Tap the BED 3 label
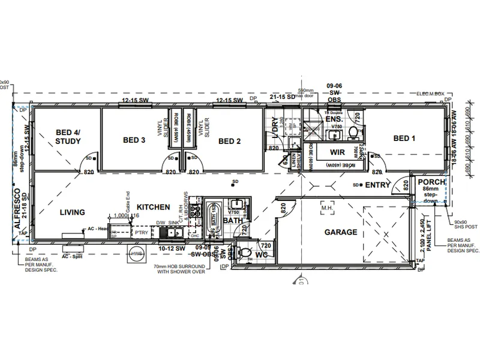tap(134, 140)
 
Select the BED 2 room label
tap(229, 141)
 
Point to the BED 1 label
tap(404, 139)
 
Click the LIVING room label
tap(72, 212)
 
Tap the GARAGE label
tap(341, 232)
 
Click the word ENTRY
tap(378, 185)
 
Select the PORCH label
tap(431, 182)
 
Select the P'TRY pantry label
tap(141, 233)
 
